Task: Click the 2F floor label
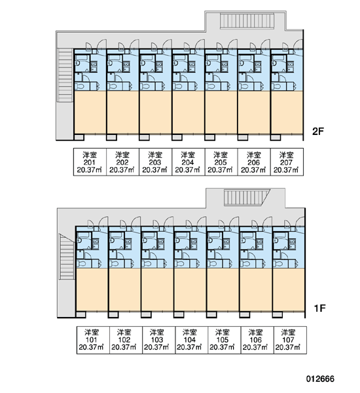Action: pos(318,132)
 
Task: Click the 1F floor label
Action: pos(319,308)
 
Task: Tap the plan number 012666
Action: pos(320,379)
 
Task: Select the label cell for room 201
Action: pos(90,162)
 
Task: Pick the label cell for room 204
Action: pos(188,162)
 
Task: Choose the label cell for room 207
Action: pos(287,162)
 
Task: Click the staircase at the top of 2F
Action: pos(247,21)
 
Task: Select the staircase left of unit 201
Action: pos(65,75)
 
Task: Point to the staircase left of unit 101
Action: pos(67,257)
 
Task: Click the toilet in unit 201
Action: pos(80,86)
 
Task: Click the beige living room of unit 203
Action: pos(156,112)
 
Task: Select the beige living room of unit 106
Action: pos(256,290)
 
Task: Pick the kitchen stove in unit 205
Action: pos(225,67)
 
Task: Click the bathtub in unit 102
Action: pos(116,236)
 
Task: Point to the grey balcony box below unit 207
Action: pos(276,138)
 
